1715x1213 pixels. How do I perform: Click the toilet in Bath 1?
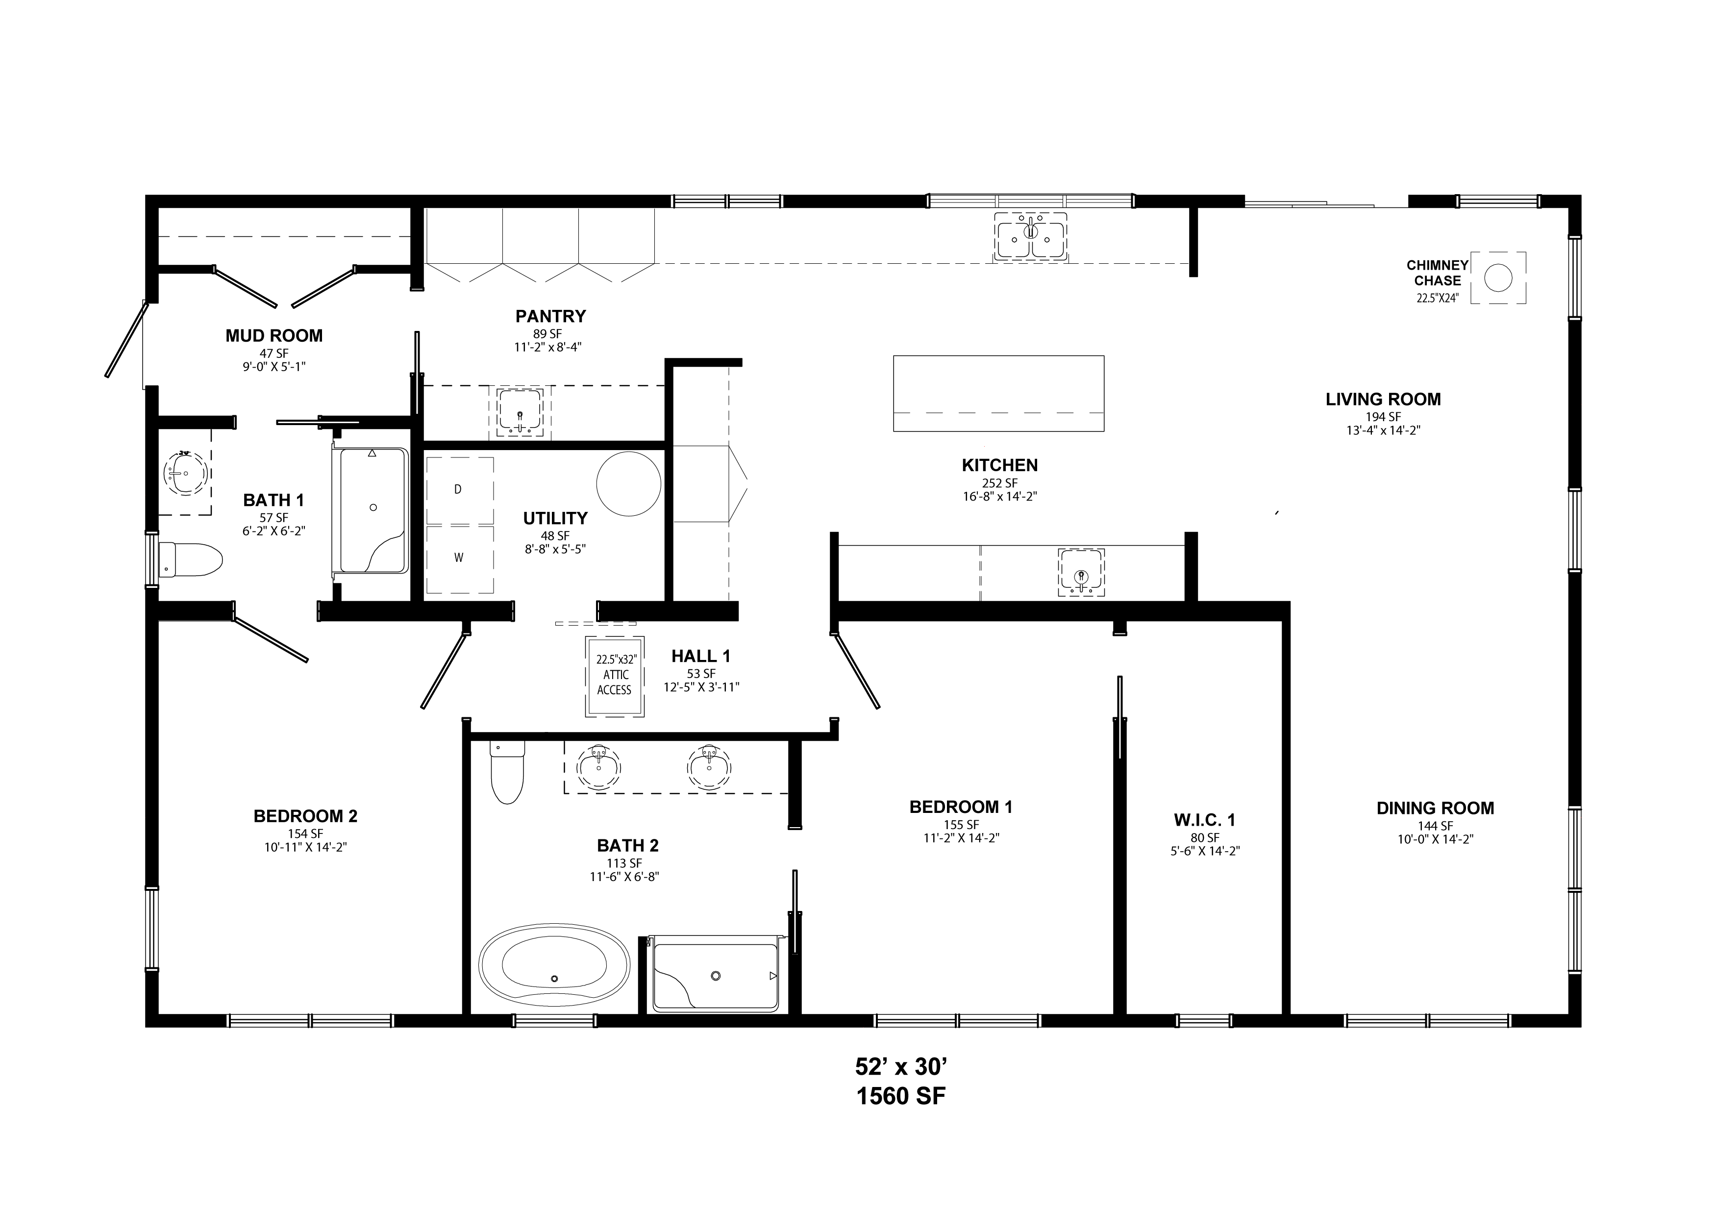point(191,560)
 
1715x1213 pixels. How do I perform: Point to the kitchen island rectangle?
point(999,393)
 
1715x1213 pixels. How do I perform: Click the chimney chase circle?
point(1498,278)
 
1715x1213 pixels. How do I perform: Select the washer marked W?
point(459,559)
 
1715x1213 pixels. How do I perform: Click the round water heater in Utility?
point(629,483)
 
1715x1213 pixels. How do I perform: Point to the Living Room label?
point(1383,399)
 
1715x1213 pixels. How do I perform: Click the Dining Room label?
point(1436,808)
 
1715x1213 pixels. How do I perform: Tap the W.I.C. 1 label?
point(1205,820)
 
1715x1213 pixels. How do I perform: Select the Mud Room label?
point(274,335)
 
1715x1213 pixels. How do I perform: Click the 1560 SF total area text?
point(901,1096)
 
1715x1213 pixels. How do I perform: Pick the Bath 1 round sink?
point(184,472)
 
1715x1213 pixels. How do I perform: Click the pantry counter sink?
point(520,412)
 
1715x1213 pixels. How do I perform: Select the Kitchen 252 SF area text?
point(999,483)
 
